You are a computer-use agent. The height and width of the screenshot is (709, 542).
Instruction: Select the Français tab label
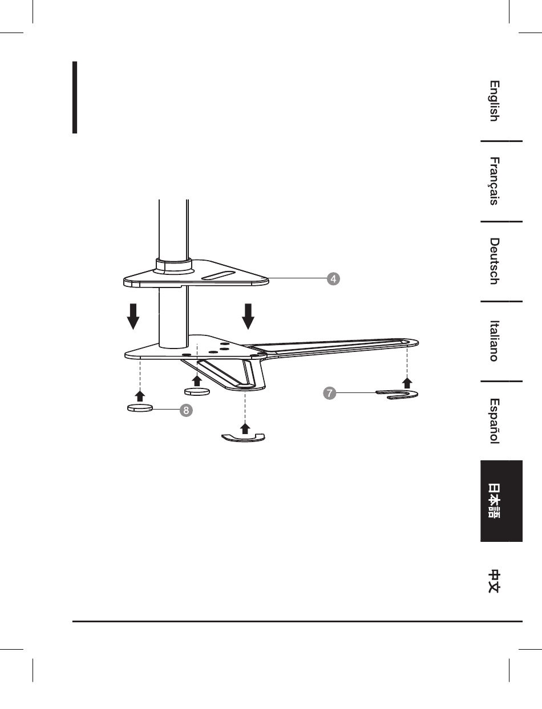click(494, 181)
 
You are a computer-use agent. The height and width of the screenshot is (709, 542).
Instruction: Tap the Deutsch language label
click(494, 261)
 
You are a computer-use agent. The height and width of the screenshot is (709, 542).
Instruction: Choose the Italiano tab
click(494, 341)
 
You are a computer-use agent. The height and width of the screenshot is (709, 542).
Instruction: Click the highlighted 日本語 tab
click(494, 501)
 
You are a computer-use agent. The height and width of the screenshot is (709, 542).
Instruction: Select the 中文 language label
click(494, 581)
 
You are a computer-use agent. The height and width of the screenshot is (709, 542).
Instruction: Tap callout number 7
click(329, 393)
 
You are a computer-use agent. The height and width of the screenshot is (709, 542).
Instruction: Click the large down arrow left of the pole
click(132, 317)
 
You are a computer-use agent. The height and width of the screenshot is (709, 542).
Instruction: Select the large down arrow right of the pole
click(248, 317)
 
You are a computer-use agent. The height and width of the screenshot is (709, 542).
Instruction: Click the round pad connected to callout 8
click(140, 408)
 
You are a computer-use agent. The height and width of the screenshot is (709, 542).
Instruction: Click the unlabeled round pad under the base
click(197, 392)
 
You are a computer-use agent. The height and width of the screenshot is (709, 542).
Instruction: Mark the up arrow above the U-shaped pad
click(407, 382)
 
